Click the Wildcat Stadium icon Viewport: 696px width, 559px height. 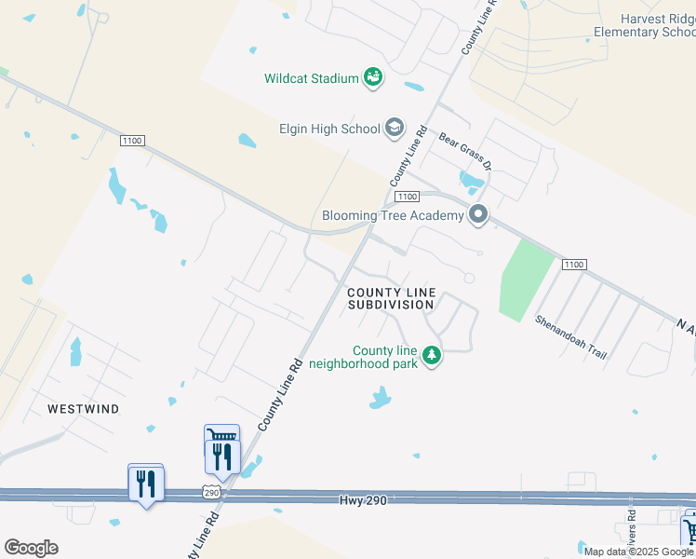(x=373, y=78)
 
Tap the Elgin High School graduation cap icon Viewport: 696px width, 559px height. (x=394, y=129)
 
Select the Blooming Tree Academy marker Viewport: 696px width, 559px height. (x=479, y=215)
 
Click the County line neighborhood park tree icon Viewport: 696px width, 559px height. (x=431, y=355)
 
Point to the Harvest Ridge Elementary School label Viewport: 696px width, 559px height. (x=645, y=25)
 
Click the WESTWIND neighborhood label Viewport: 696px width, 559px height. (x=85, y=408)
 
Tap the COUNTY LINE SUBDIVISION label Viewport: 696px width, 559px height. (x=391, y=298)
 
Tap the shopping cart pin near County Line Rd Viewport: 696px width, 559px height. (x=221, y=435)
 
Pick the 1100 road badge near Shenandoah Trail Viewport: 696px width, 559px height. (x=573, y=265)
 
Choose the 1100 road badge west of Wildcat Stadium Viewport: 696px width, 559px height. (x=133, y=140)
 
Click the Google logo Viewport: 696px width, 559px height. (x=31, y=548)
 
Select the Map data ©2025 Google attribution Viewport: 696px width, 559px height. (x=638, y=552)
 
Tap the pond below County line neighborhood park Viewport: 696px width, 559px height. (x=379, y=399)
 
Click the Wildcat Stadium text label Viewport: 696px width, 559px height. (x=311, y=78)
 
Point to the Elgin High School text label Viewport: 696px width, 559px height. (x=329, y=129)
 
